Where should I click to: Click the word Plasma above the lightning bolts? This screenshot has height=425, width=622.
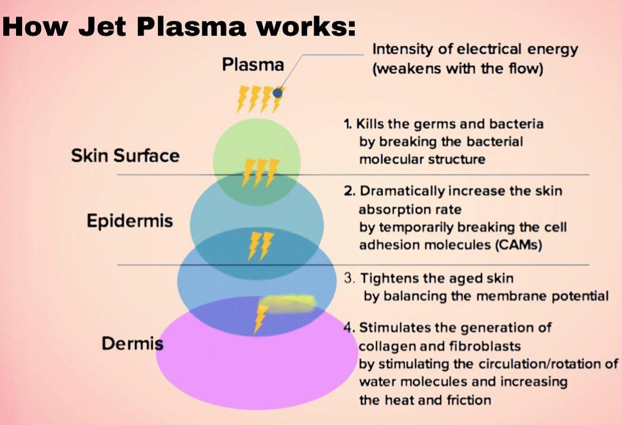tap(253, 64)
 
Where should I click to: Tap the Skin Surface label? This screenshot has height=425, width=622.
tap(125, 155)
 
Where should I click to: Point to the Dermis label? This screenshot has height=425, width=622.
tap(133, 343)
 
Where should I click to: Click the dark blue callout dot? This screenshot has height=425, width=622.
tap(278, 93)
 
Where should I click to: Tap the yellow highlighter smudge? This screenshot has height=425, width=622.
tap(290, 303)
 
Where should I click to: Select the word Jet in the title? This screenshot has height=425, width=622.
tap(102, 26)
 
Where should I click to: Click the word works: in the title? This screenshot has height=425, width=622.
tap(305, 27)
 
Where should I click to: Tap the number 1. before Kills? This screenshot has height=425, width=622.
tap(348, 124)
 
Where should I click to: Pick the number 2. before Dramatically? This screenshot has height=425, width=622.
tap(349, 191)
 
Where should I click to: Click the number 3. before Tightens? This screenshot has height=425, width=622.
tap(349, 278)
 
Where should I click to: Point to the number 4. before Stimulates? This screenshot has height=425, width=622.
tap(349, 327)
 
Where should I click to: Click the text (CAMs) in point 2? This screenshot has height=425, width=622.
tap(518, 244)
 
